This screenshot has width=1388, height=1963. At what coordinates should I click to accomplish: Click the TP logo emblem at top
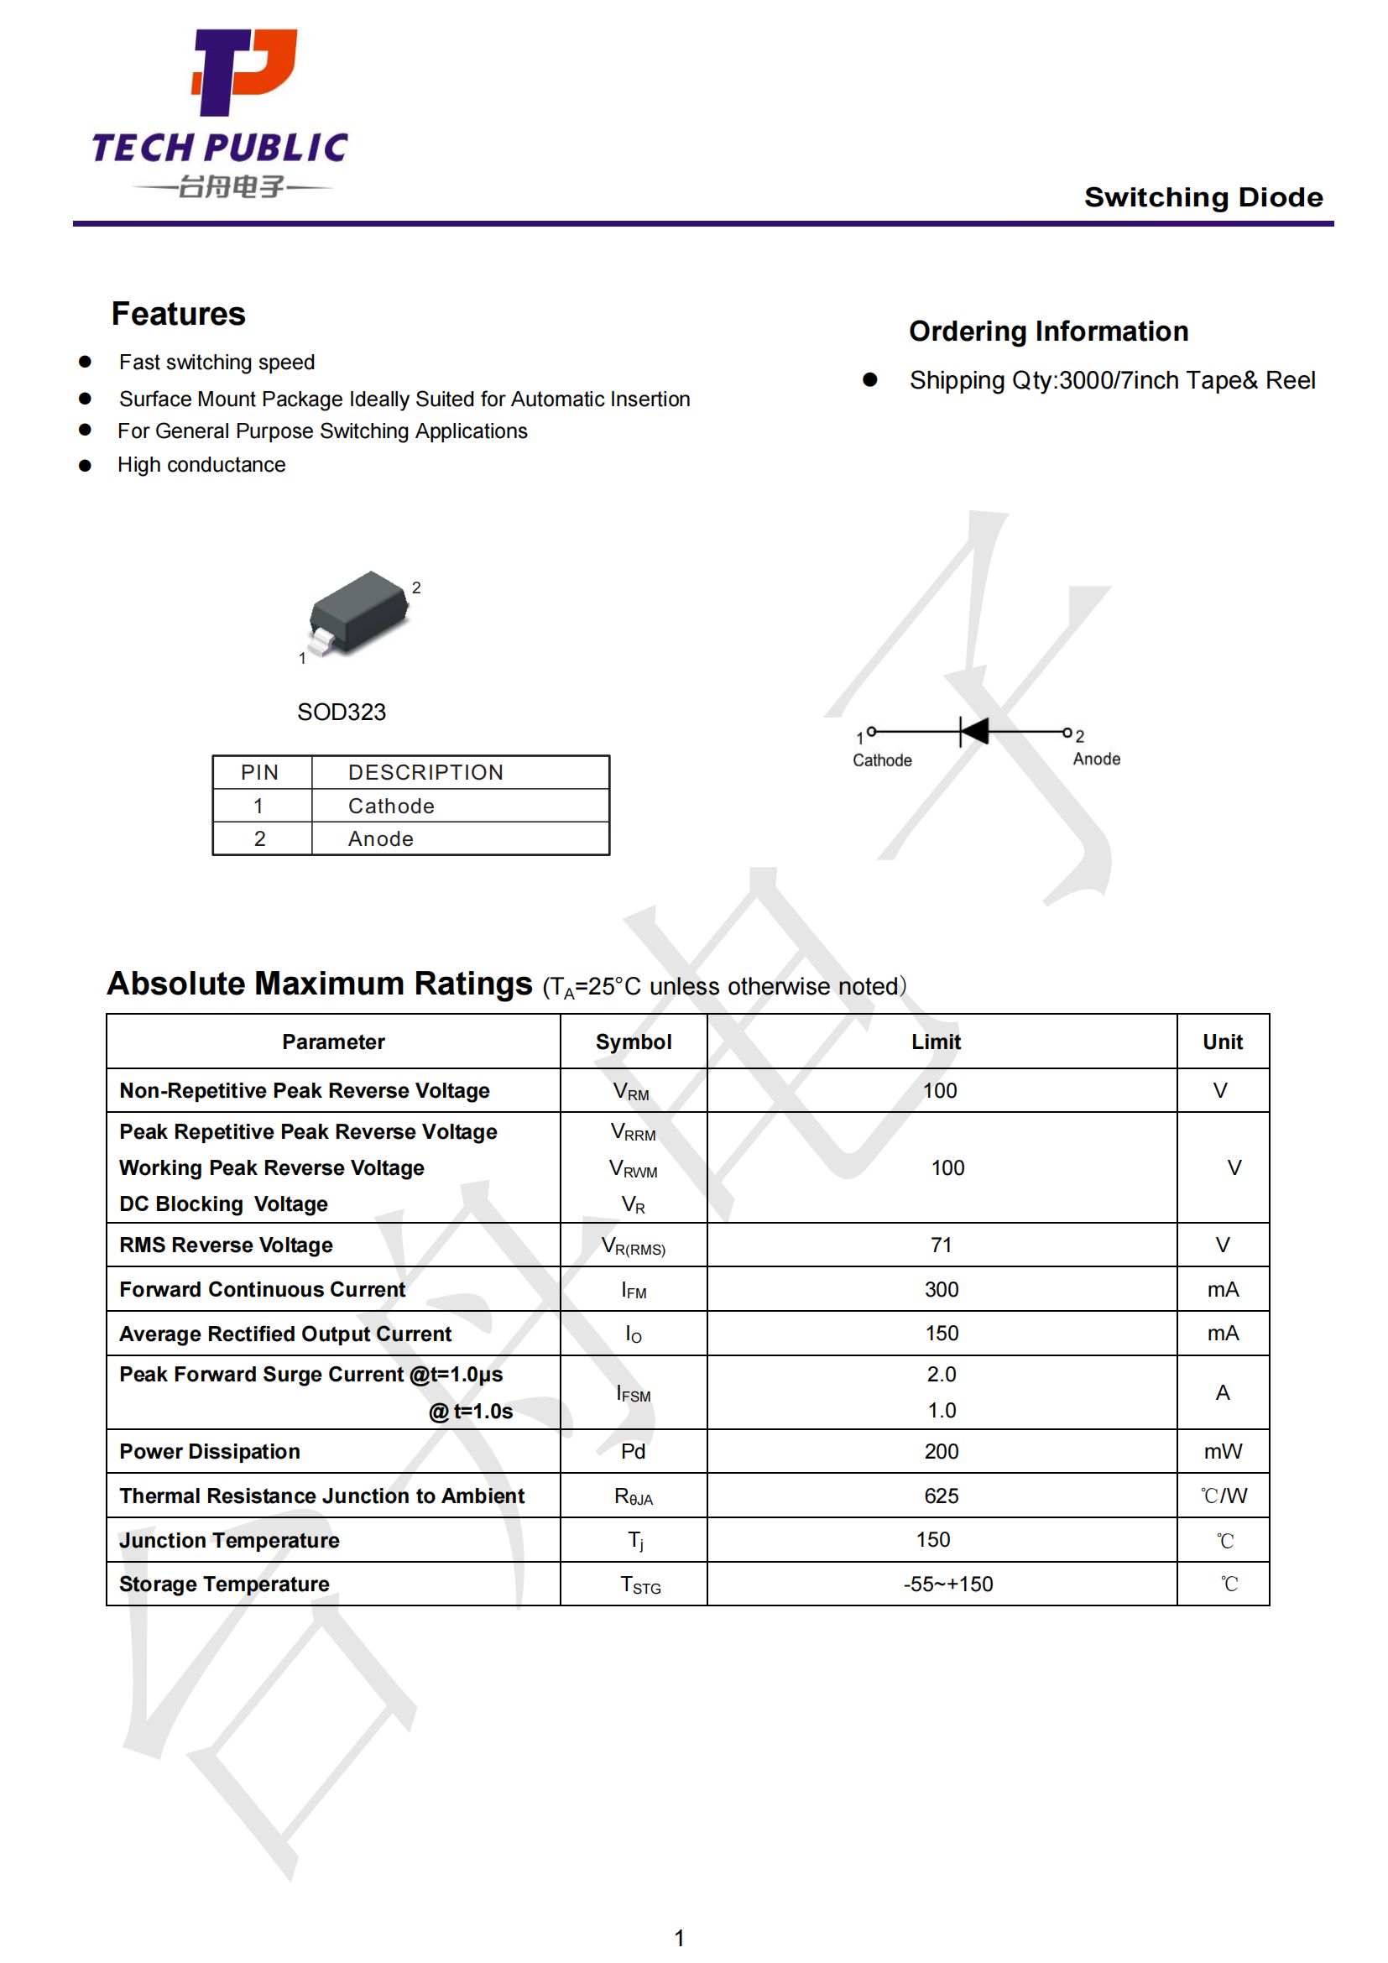click(x=244, y=72)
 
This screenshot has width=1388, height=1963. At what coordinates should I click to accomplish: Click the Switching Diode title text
click(x=1203, y=197)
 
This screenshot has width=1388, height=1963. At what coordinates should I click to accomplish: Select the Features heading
click(x=178, y=314)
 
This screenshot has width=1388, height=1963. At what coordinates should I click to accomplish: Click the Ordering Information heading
click(x=1048, y=332)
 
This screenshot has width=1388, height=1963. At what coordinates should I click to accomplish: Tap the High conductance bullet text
click(x=201, y=465)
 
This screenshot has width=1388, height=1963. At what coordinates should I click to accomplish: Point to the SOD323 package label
click(x=341, y=713)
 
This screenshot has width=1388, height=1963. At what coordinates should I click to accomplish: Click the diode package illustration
click(x=358, y=612)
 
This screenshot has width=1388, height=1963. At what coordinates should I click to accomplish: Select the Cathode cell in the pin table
click(x=390, y=807)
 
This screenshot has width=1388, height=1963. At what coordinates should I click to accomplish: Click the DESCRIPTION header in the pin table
click(x=425, y=773)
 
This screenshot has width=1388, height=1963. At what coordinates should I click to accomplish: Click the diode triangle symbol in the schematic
click(x=975, y=732)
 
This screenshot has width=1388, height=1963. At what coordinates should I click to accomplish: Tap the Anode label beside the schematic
click(x=1096, y=760)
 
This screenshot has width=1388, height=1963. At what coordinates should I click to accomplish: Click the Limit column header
click(x=935, y=1042)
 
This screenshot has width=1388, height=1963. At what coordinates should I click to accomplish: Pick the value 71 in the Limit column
click(x=940, y=1245)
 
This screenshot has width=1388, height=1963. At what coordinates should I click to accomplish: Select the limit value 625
click(x=940, y=1496)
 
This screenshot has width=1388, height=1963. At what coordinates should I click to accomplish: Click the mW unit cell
click(x=1222, y=1452)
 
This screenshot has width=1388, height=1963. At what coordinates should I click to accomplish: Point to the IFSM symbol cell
click(x=634, y=1395)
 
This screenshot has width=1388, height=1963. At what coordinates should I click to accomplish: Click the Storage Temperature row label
click(x=224, y=1584)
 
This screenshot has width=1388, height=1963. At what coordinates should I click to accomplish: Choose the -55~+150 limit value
click(x=947, y=1584)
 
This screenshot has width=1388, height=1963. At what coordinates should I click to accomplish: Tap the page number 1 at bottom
click(x=679, y=1938)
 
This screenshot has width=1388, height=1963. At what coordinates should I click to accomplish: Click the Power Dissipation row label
click(x=210, y=1452)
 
